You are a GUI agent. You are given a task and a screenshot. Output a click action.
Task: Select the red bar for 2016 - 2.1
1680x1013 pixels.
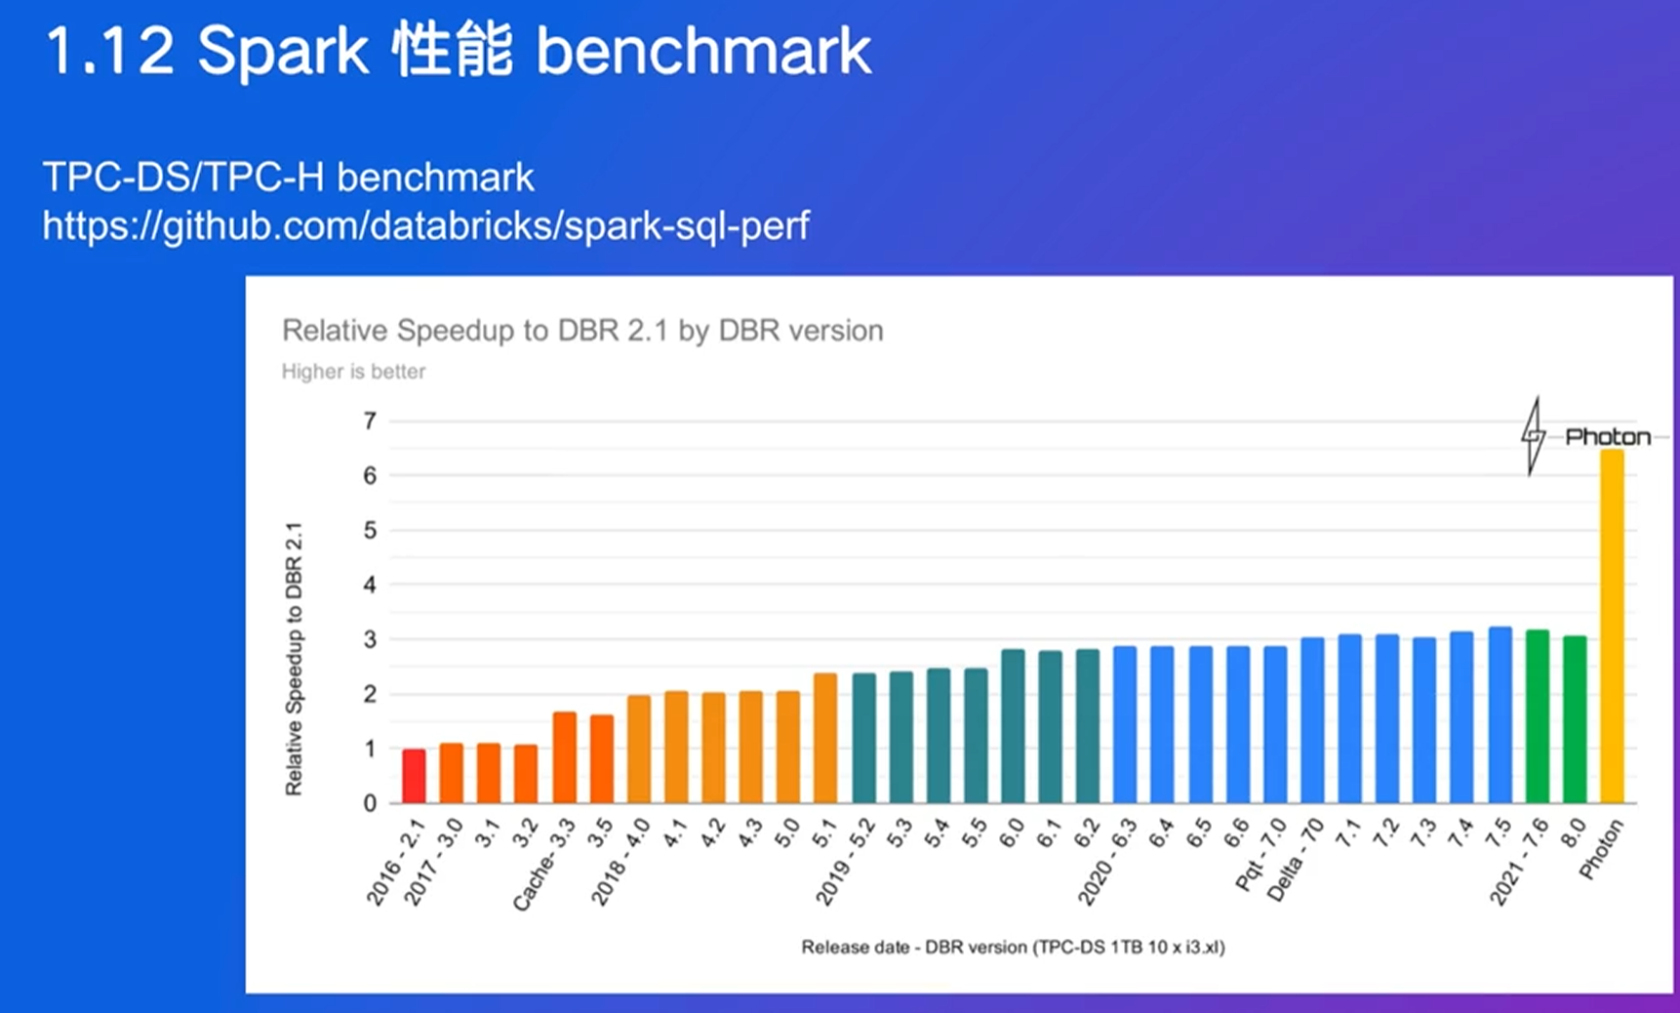click(x=414, y=777)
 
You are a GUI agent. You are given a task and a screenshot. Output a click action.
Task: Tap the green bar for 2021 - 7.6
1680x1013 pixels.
click(x=1538, y=717)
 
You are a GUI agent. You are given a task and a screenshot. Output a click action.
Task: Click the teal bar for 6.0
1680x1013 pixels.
click(x=1013, y=727)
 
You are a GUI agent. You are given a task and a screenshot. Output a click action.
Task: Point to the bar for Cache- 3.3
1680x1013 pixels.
click(x=564, y=758)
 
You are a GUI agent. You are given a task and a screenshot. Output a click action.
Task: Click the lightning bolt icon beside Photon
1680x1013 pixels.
click(x=1533, y=436)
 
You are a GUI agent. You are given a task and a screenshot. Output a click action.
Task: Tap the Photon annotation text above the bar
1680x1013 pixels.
click(x=1608, y=437)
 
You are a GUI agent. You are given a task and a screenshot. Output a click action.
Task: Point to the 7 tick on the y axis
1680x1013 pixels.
click(x=370, y=422)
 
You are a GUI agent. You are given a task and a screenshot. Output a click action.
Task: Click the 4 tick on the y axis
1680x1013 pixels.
click(x=370, y=586)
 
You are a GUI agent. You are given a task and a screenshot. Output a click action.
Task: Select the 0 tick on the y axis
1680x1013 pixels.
click(x=370, y=803)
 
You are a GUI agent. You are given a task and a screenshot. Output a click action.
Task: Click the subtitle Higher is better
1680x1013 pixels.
click(x=353, y=372)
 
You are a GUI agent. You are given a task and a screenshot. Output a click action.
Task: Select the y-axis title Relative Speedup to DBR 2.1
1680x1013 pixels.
click(x=294, y=659)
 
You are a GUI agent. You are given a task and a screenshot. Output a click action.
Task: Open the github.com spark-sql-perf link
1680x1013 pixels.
click(x=425, y=226)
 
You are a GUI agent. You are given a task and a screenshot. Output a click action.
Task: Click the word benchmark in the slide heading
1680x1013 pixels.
click(x=703, y=52)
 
